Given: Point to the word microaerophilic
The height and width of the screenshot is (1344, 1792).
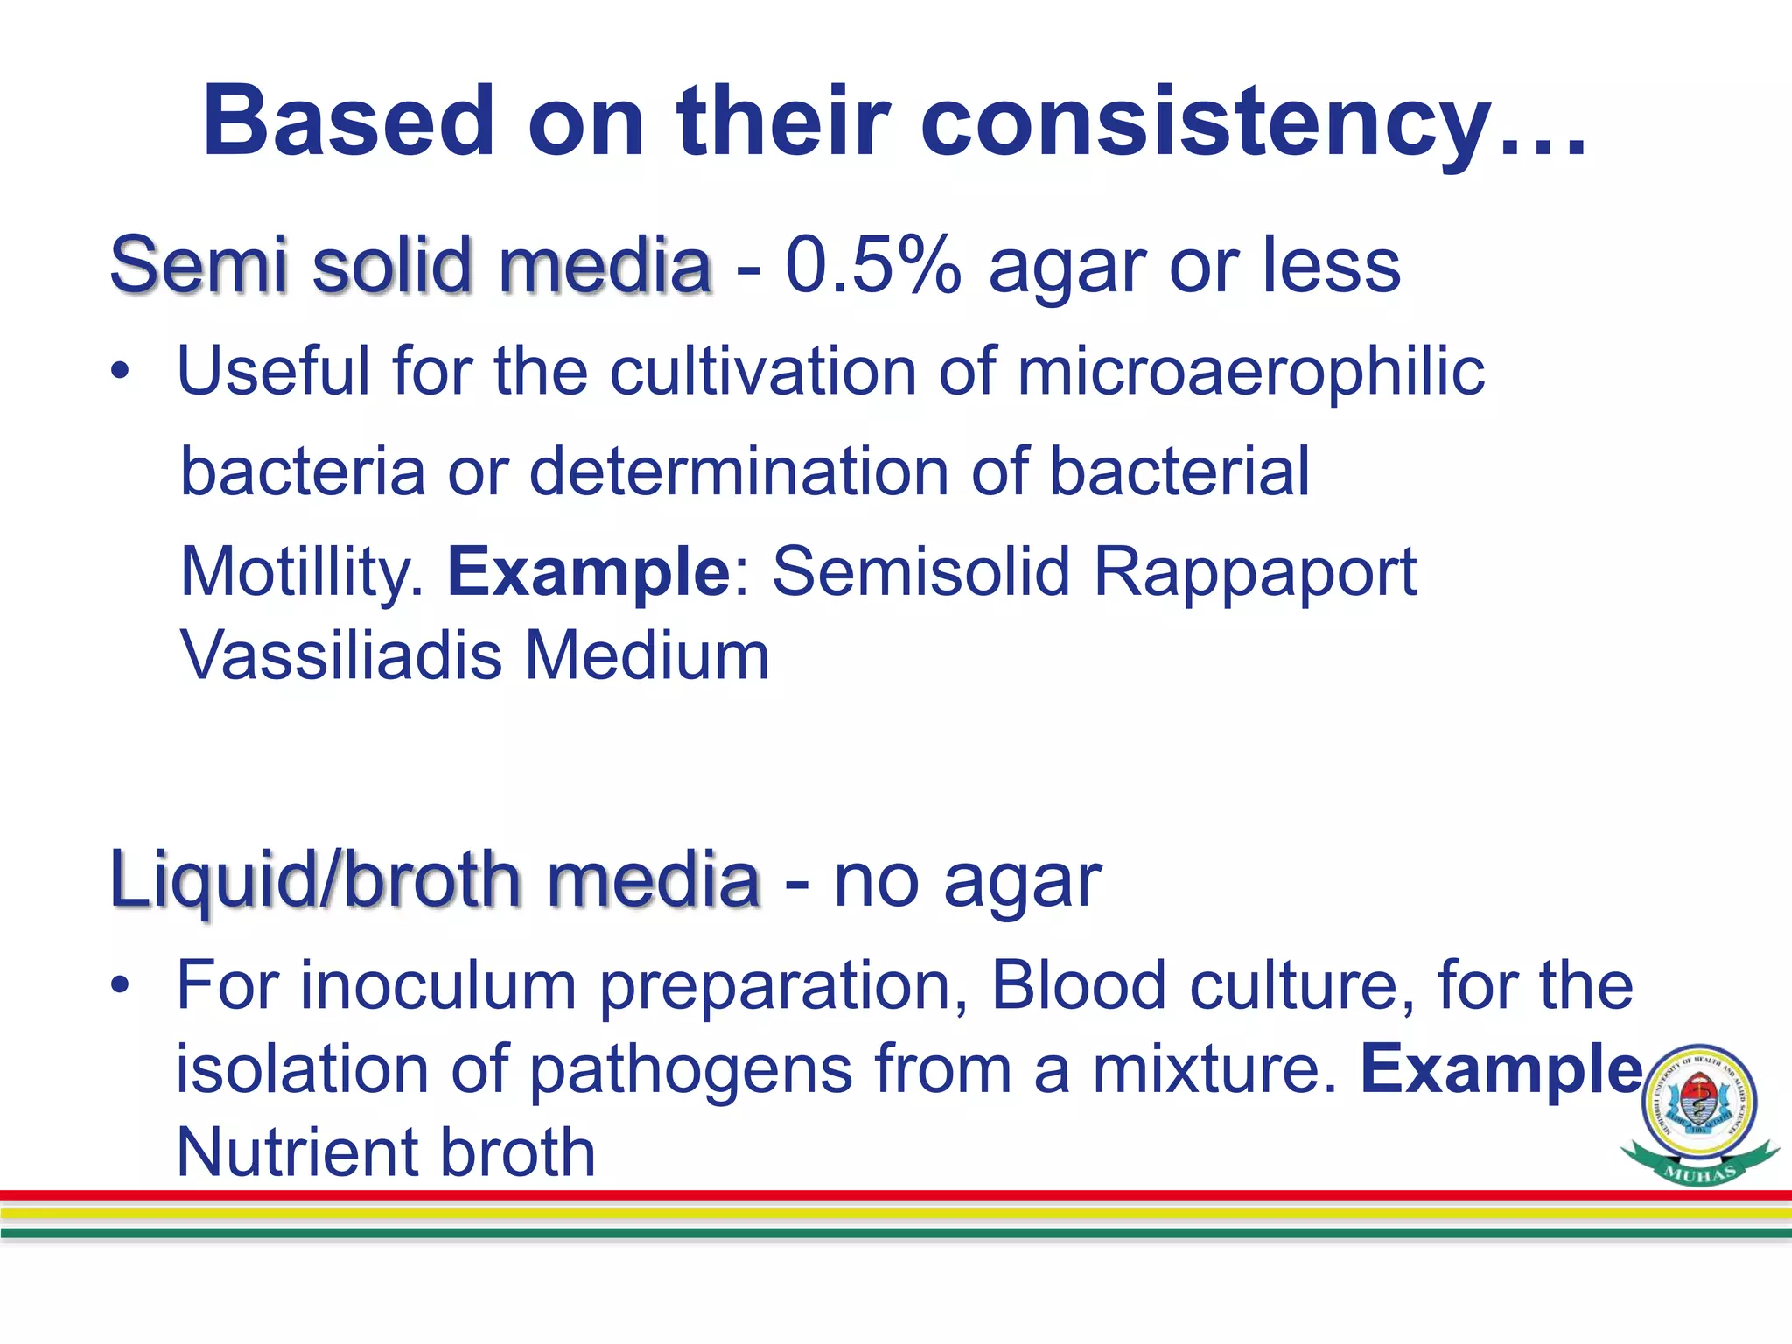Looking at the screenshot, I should click(x=1250, y=372).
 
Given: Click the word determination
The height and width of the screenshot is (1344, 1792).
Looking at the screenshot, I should click(x=738, y=472).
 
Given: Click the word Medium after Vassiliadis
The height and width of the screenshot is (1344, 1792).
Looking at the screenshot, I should click(x=647, y=655).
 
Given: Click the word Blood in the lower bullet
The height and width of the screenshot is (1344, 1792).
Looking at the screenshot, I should click(x=1078, y=986).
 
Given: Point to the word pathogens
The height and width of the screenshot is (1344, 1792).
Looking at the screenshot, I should click(x=691, y=1069).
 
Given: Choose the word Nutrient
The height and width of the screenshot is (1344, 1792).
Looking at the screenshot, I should click(x=297, y=1152).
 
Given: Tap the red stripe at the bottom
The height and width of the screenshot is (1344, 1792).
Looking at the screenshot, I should click(x=875, y=1195).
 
